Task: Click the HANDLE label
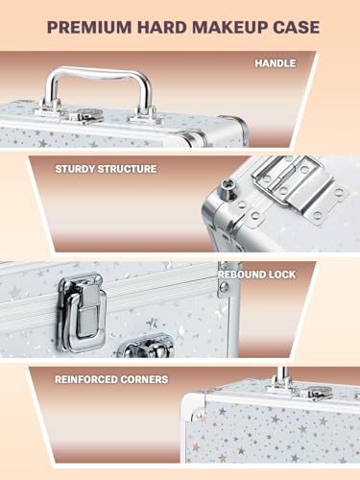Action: (276, 63)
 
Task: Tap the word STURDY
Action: (80, 169)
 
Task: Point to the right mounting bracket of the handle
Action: (144, 113)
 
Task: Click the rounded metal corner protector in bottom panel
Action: (196, 410)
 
